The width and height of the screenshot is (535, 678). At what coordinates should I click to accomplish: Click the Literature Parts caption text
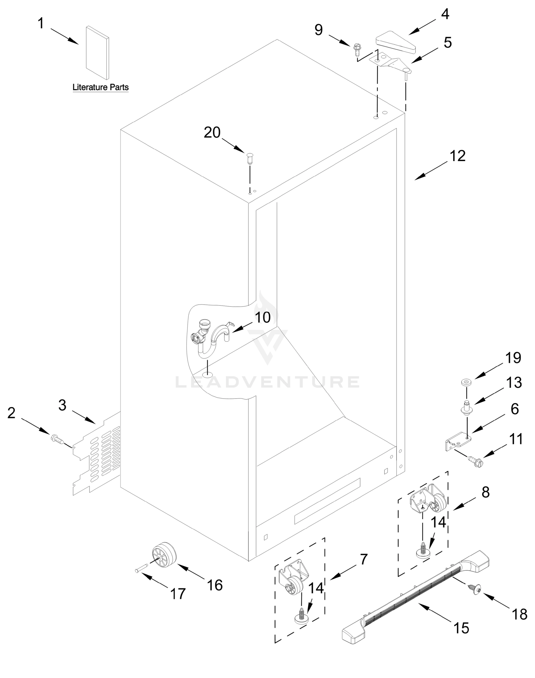[x=101, y=87]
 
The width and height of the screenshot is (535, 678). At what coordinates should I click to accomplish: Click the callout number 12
[x=458, y=156]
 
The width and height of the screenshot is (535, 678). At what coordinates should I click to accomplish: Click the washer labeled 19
[x=466, y=382]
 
